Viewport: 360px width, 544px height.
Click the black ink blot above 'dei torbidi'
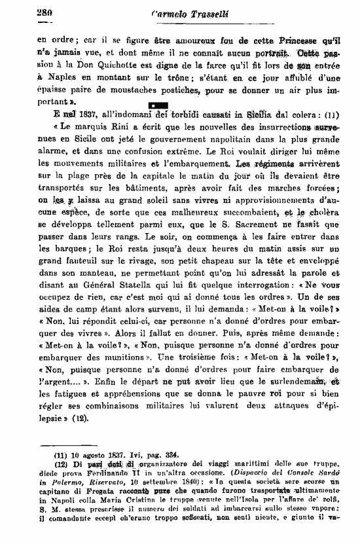159,105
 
